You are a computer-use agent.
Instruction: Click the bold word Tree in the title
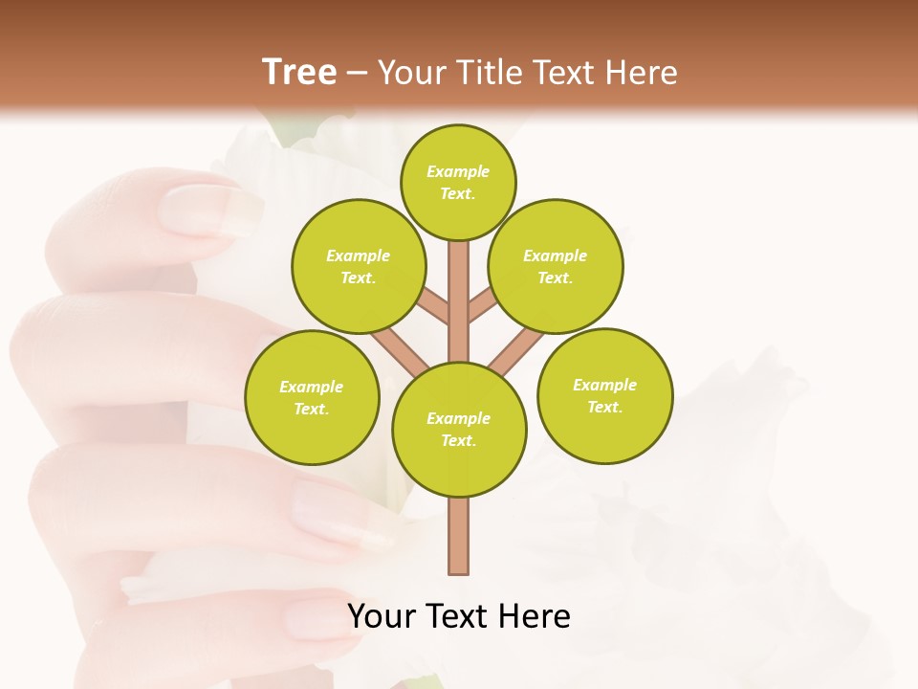[299, 73]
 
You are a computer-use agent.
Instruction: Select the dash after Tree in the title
[357, 74]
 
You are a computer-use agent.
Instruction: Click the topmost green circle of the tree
[458, 182]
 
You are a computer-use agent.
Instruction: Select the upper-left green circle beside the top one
[358, 266]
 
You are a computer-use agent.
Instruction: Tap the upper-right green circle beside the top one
[556, 266]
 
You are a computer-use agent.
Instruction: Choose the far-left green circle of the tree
[312, 397]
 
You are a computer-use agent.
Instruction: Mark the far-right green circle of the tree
[605, 395]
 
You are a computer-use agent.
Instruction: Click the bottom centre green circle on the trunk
[459, 429]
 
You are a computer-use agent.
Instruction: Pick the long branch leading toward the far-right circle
[514, 350]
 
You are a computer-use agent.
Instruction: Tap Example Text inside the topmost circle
[458, 182]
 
